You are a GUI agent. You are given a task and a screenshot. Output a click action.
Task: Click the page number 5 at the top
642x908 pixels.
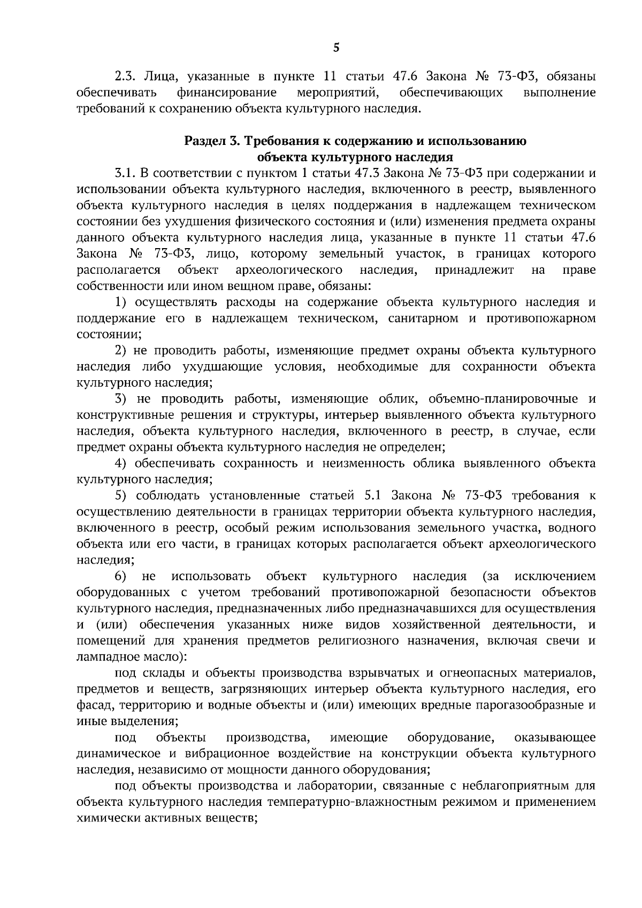click(336, 48)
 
